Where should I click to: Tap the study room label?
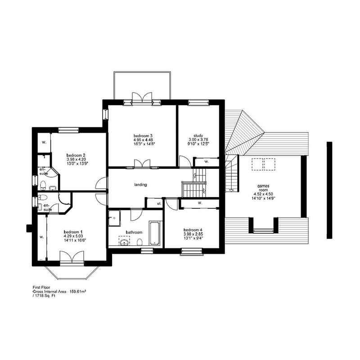199,135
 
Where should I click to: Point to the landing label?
141,184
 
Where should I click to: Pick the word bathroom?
134,232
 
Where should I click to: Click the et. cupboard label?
159,204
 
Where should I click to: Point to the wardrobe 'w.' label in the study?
206,161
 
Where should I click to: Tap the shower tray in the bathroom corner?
115,217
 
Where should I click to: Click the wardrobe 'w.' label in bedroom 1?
41,236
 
